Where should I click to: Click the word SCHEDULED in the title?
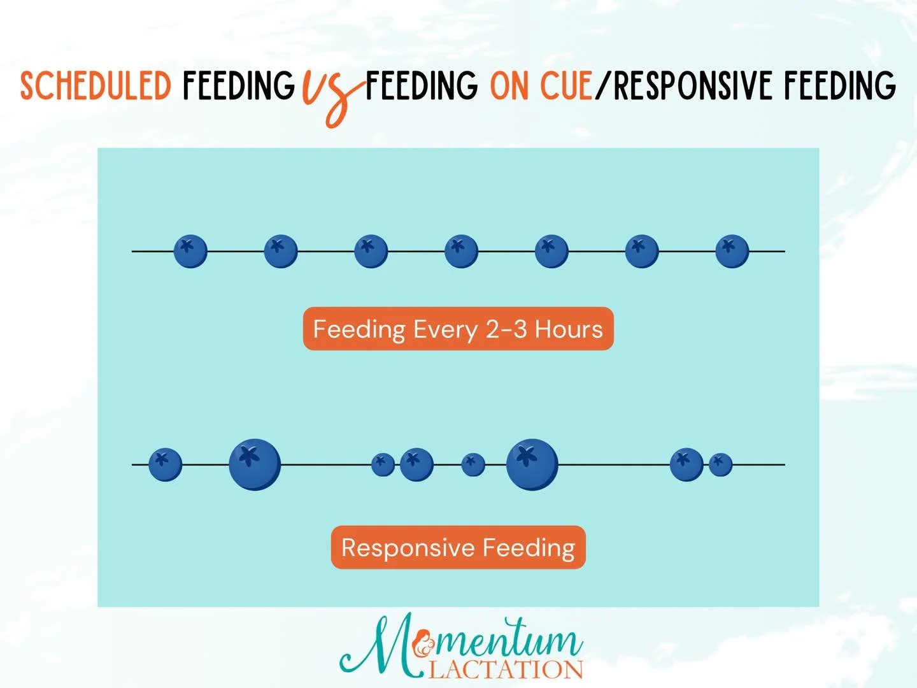[96, 87]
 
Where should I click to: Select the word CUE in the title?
[566, 87]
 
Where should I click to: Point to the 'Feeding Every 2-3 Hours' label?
[458, 329]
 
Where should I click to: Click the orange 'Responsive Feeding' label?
[458, 547]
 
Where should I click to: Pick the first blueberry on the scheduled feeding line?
[190, 251]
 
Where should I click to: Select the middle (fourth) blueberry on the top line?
[461, 251]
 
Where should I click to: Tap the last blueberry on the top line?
[732, 251]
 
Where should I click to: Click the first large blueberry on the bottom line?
[255, 464]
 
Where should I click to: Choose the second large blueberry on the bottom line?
[532, 464]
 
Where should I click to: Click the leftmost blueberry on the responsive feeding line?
[165, 464]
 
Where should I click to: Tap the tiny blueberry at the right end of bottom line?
[720, 464]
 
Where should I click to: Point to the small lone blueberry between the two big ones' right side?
[473, 464]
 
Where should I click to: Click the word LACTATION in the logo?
[506, 670]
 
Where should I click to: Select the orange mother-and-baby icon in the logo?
[423, 646]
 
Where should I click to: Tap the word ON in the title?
[509, 87]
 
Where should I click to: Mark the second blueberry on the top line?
[281, 251]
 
